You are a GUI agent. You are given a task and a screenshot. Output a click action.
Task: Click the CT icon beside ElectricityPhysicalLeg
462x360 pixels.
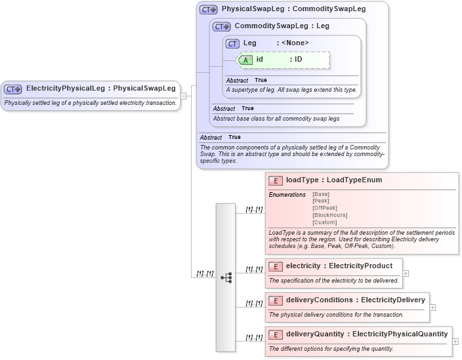pyautogui.click(x=13, y=89)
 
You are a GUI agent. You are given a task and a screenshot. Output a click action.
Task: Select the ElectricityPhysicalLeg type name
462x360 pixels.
pyautogui.click(x=66, y=88)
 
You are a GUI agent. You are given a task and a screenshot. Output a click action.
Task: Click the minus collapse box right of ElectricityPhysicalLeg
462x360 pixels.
pyautogui.click(x=184, y=96)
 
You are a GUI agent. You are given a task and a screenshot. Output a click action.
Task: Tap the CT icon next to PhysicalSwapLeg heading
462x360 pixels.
pyautogui.click(x=209, y=10)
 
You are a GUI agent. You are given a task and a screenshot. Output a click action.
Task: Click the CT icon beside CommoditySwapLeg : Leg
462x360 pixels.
pyautogui.click(x=222, y=27)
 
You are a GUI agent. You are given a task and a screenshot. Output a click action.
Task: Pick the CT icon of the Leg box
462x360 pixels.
pyautogui.click(x=232, y=43)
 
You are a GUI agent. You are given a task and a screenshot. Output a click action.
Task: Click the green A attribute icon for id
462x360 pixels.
pyautogui.click(x=245, y=60)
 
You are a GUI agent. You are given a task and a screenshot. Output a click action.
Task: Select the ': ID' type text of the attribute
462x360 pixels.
pyautogui.click(x=295, y=60)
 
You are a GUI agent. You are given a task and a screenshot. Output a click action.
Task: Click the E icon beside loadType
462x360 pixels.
pyautogui.click(x=276, y=180)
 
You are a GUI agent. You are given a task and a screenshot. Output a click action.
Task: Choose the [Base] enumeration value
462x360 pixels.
pyautogui.click(x=321, y=194)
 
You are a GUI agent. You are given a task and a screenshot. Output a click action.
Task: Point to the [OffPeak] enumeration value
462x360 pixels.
pyautogui.click(x=325, y=208)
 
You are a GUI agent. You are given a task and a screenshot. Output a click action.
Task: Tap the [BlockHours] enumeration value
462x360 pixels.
pyautogui.click(x=329, y=215)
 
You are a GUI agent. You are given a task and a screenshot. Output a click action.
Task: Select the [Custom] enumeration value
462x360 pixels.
pyautogui.click(x=325, y=222)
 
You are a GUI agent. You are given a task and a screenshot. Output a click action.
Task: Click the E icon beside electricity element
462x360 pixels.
pyautogui.click(x=276, y=266)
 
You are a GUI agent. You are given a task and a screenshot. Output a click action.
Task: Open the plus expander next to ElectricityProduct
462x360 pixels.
pyautogui.click(x=406, y=273)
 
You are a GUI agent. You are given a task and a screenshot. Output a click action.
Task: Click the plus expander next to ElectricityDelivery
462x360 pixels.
pyautogui.click(x=432, y=308)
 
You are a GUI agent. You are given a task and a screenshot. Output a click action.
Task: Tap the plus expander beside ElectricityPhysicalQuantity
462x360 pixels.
pyautogui.click(x=455, y=342)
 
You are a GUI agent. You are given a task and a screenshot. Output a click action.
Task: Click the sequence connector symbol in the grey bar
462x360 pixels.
pyautogui.click(x=226, y=277)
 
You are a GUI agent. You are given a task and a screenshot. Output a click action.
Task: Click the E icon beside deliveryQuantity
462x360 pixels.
pyautogui.click(x=276, y=334)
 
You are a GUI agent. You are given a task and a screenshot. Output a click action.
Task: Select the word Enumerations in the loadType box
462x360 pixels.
pyautogui.click(x=287, y=194)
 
